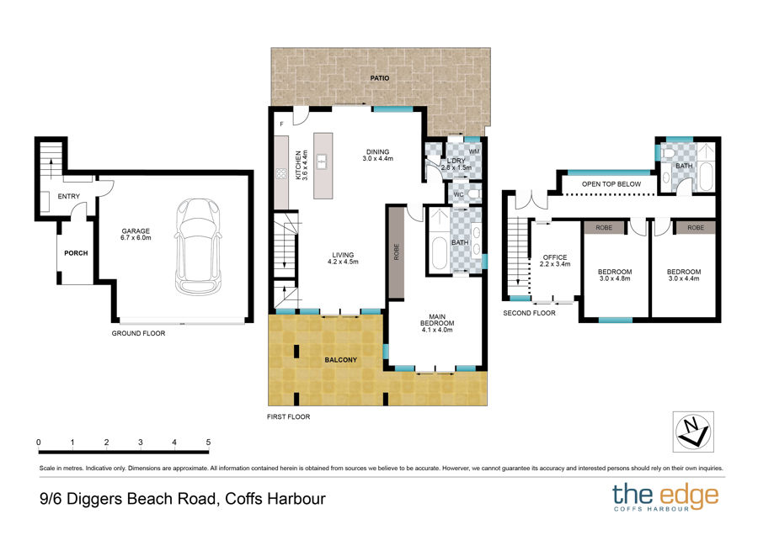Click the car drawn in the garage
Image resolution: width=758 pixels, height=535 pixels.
click(198, 246)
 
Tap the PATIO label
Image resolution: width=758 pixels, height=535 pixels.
click(380, 77)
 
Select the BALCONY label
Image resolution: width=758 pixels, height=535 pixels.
click(341, 360)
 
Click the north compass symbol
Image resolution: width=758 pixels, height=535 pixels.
click(693, 432)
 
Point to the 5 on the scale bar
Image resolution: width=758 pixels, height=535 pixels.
click(208, 442)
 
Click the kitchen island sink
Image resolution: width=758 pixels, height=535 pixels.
click(322, 162)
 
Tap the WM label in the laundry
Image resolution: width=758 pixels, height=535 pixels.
click(474, 151)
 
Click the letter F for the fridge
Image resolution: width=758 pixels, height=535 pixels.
click(282, 124)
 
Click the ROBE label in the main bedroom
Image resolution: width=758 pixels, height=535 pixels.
click(397, 252)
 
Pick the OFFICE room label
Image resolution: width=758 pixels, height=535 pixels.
click(555, 257)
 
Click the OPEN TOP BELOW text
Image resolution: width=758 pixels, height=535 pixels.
click(611, 184)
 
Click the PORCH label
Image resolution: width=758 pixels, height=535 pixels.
click(77, 253)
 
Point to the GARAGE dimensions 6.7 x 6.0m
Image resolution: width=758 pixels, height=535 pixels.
click(136, 237)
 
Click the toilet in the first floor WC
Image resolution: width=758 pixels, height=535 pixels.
click(473, 194)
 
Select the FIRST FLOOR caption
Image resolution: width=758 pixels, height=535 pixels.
click(289, 416)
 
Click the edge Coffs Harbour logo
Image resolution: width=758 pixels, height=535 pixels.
click(665, 496)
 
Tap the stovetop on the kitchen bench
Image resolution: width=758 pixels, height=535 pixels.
click(280, 173)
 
